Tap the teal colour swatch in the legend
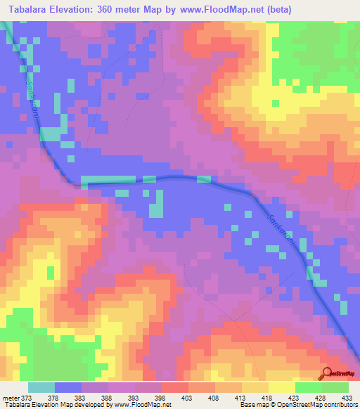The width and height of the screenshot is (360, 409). (x=41, y=387)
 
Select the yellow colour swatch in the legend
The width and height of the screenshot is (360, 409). (x=282, y=387)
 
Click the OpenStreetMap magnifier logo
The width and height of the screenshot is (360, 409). (x=327, y=374)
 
